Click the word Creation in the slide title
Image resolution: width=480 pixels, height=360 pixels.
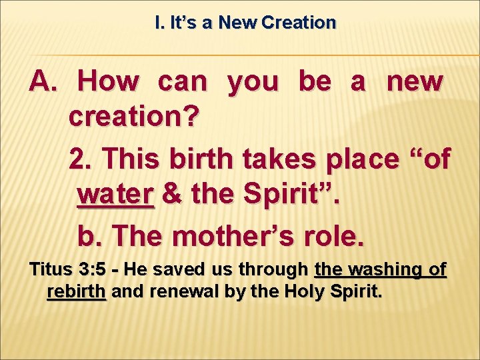[299, 23]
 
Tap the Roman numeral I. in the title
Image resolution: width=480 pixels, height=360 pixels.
[158, 23]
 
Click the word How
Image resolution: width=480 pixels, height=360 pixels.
[109, 82]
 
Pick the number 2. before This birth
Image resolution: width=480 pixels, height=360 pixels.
[82, 159]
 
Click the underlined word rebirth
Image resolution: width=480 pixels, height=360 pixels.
[77, 292]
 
